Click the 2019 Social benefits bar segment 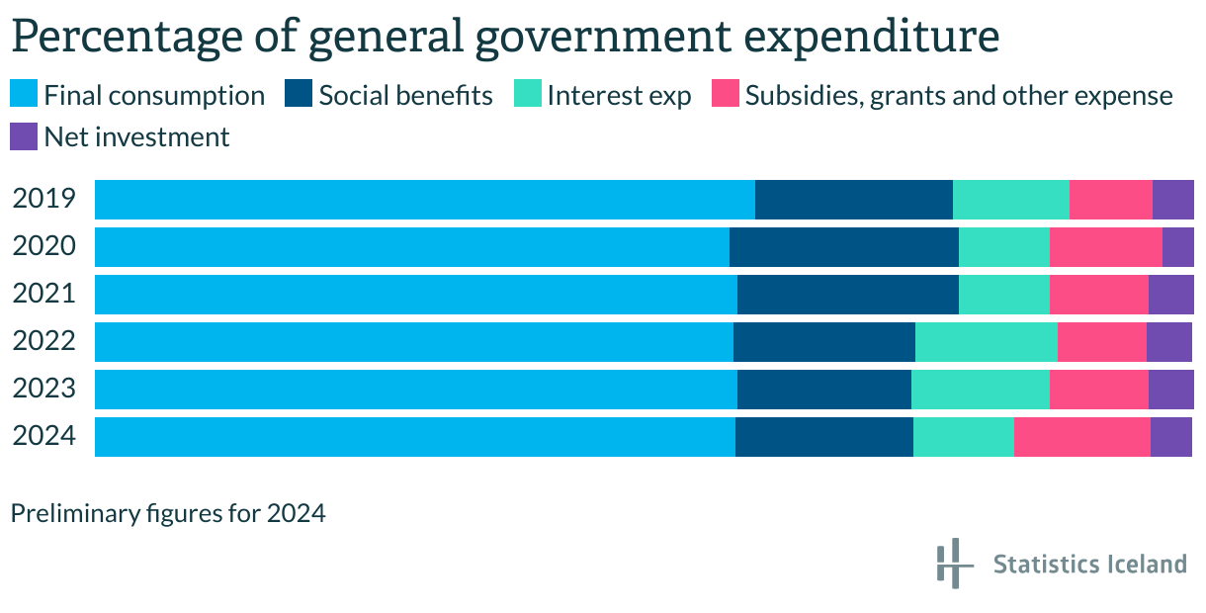point(853,200)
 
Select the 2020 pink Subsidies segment point(1105,247)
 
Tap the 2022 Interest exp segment point(986,342)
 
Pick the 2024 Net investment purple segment point(1170,437)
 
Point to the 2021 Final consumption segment point(415,295)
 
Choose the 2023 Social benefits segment point(823,390)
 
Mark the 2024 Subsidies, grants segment point(1081,437)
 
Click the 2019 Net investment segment point(1172,200)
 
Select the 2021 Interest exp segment point(1003,295)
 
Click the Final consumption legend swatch point(24,95)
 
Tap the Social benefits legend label point(405,95)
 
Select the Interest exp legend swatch point(528,95)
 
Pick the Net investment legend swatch point(24,136)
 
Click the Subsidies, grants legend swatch point(726,95)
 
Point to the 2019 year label point(44,199)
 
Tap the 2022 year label point(44,341)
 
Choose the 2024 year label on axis point(44,436)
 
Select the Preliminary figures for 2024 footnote point(167,514)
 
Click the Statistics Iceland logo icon point(950,564)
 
